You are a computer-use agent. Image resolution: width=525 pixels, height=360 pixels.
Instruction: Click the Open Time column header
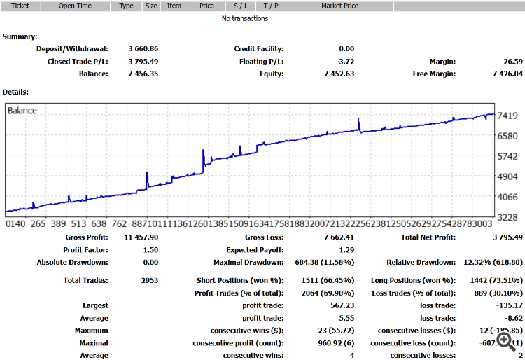point(75,6)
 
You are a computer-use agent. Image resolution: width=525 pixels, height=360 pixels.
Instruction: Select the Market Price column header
point(339,6)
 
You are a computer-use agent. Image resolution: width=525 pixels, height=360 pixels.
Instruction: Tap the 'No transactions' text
point(245,18)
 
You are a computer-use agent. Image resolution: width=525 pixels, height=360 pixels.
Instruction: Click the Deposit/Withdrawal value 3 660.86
point(143,49)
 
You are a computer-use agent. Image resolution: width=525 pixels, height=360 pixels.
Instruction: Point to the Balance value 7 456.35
point(143,74)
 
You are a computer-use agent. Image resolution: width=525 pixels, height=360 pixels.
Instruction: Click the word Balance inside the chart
point(22,111)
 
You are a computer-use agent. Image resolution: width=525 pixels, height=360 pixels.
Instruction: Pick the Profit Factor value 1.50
point(150,250)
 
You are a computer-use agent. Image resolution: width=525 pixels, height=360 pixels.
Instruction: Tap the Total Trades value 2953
point(149,280)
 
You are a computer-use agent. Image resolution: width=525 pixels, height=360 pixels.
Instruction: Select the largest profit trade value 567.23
point(342,305)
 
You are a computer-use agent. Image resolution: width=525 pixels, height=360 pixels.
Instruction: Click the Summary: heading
point(20,36)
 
